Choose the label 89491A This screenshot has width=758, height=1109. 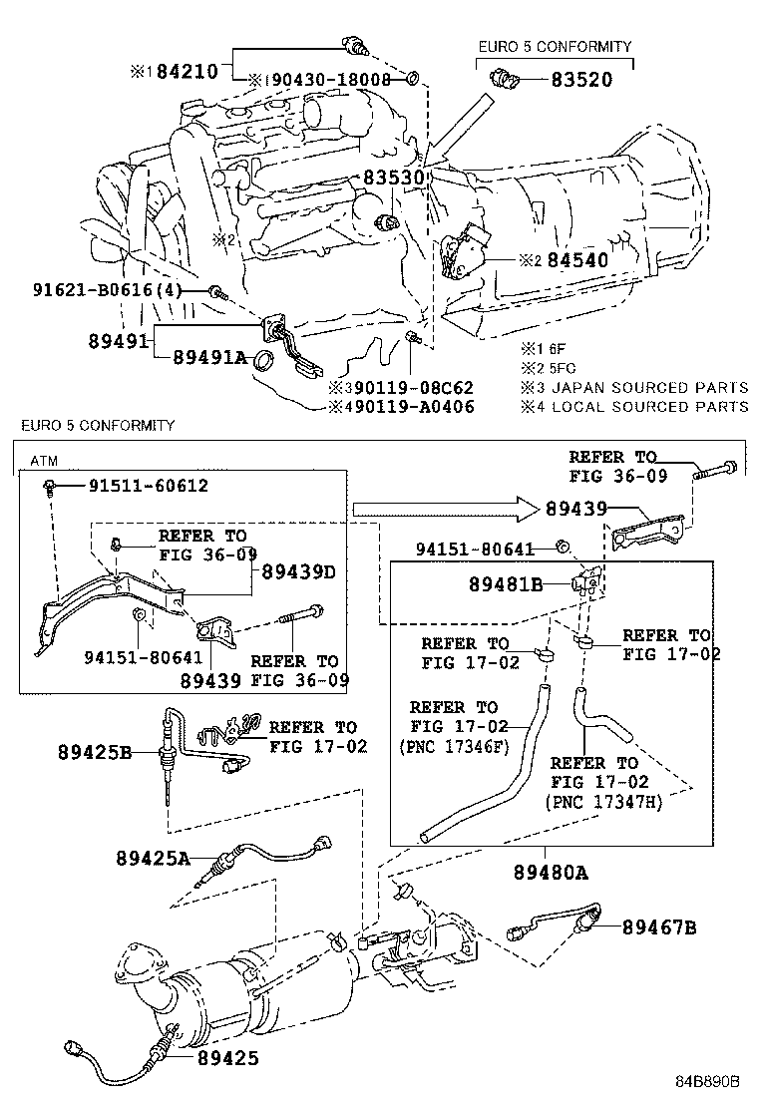pos(208,357)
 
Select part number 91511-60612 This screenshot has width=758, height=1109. pos(149,485)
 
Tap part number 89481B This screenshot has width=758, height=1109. pos(506,584)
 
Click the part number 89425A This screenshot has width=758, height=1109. pos(152,858)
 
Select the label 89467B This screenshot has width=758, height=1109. pos(659,927)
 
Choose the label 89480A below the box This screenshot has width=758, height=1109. pos(551,872)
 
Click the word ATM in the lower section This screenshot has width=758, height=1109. pos(43,461)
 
